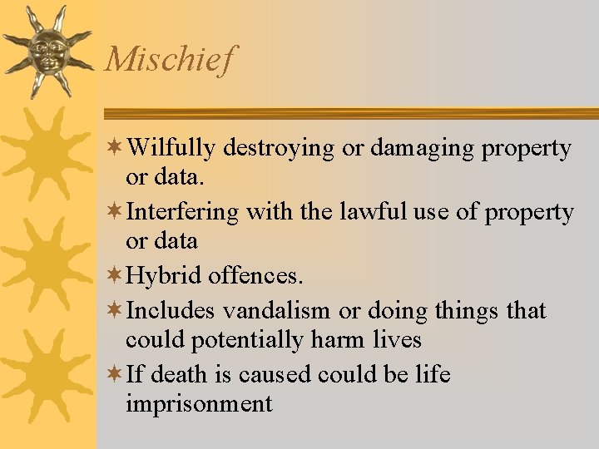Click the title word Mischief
point(171,60)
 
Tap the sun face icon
point(47,50)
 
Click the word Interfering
point(182,213)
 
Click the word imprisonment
point(199,404)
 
